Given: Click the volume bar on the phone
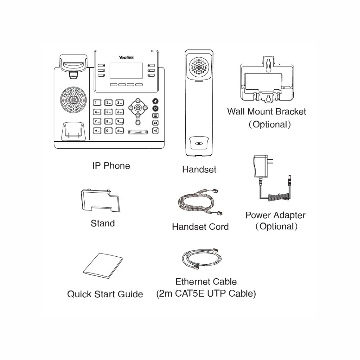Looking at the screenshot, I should click(x=137, y=132).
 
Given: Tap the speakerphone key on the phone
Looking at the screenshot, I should click(x=155, y=130).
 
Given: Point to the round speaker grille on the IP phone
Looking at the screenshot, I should click(x=74, y=99).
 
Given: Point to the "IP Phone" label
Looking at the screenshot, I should click(x=111, y=166).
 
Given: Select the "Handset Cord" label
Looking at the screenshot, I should click(x=200, y=227).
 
